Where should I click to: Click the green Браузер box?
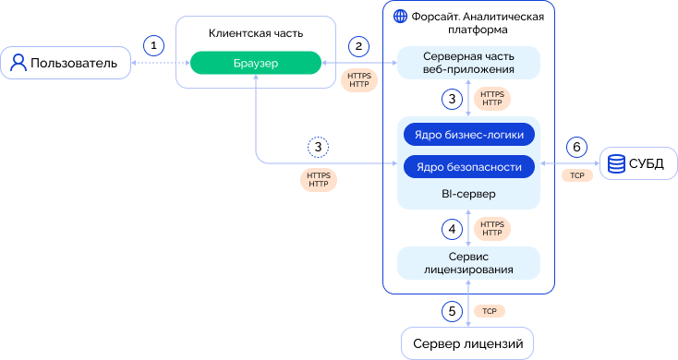[256, 63]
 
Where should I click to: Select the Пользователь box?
[66, 63]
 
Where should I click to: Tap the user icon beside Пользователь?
[18, 63]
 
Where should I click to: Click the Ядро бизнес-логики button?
[469, 135]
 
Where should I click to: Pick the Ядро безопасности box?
[469, 167]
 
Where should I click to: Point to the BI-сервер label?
[468, 194]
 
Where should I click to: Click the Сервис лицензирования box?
[468, 263]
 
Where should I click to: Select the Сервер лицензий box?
[467, 343]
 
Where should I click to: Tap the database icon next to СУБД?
[616, 163]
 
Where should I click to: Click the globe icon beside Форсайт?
[400, 17]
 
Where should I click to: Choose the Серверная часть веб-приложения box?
[468, 63]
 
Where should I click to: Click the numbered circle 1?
[153, 45]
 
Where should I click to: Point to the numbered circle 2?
[358, 46]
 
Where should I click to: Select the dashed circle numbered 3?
[319, 148]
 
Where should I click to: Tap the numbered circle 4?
[453, 229]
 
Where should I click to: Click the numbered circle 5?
[453, 311]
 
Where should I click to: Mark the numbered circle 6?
[576, 148]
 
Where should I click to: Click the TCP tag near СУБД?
[577, 175]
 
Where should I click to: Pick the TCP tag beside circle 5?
[490, 311]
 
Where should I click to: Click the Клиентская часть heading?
[256, 33]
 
